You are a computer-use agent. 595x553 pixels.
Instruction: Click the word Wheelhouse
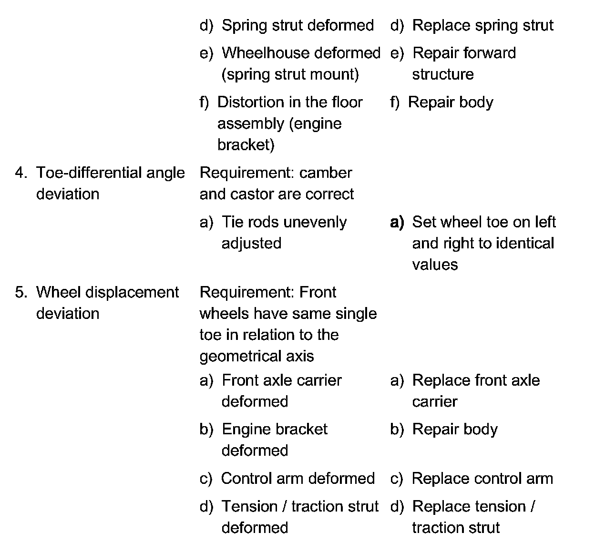[x=261, y=53]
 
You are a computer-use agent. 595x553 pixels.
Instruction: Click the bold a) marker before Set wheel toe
[x=397, y=222]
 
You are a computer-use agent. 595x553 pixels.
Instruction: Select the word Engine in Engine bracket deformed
[x=244, y=430]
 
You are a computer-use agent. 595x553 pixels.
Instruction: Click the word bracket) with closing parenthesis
[x=246, y=145]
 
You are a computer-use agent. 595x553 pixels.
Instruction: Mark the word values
[x=435, y=265]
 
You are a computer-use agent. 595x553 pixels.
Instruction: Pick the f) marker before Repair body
[x=395, y=102]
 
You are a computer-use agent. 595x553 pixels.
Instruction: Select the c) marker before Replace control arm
[x=396, y=479]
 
